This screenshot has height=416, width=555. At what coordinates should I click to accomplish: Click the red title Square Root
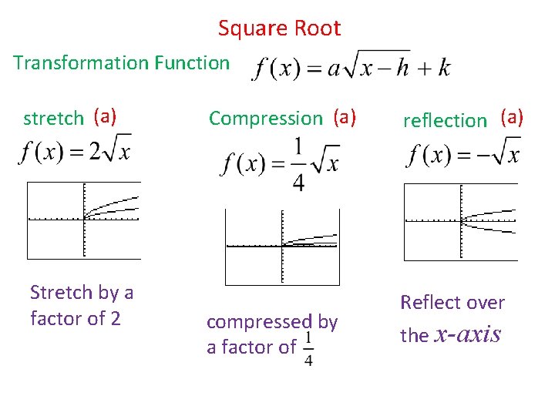pos(279,29)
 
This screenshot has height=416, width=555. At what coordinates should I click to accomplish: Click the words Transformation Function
pos(121,62)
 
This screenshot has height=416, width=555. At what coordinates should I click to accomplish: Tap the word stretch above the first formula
pos(53,119)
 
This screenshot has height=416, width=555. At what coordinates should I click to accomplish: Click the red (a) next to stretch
pos(105,117)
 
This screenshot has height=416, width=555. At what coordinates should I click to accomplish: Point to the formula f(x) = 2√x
pos(75,151)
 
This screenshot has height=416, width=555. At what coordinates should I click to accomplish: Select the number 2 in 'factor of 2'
pos(115,318)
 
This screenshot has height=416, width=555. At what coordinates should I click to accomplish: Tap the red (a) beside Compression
pos(345,117)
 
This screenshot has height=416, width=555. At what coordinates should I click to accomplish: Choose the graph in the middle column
pos(281,247)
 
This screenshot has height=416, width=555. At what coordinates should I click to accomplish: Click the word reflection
pos(445,120)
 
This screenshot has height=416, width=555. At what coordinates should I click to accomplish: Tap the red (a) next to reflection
pos(512,117)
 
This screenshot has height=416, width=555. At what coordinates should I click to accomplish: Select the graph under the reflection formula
pos(461,223)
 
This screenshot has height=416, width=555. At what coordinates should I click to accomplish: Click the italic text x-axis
pos(468,335)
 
